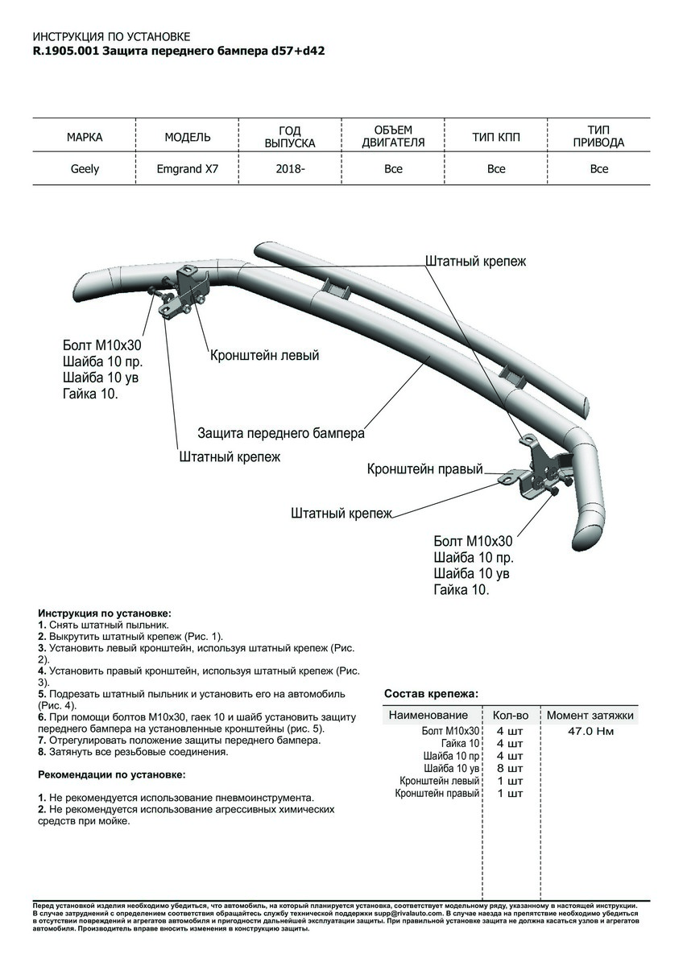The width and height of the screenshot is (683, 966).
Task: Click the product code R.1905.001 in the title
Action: [x=67, y=50]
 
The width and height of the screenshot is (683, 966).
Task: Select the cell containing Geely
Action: [x=84, y=169]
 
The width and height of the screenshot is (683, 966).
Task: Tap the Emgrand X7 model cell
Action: [x=188, y=169]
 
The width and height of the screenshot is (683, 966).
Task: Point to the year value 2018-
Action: [x=290, y=169]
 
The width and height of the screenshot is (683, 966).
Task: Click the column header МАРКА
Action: [x=84, y=138]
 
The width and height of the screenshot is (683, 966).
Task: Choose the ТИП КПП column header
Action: [x=496, y=138]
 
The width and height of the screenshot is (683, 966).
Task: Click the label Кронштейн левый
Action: [x=265, y=355]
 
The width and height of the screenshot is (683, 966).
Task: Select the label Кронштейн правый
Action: [x=424, y=469]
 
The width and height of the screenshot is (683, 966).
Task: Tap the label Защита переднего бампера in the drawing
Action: [x=281, y=433]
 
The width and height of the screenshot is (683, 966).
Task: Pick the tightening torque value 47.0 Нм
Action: [x=590, y=732]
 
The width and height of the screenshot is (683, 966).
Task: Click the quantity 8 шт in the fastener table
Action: [x=510, y=769]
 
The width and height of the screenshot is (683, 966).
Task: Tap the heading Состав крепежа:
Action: [x=431, y=693]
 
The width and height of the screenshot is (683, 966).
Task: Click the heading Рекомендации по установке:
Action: [x=111, y=774]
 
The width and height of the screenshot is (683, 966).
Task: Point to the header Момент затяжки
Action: [x=590, y=715]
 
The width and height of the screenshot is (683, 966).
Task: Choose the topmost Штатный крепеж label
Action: [x=475, y=262]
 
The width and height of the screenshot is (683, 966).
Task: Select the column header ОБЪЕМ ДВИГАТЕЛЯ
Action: [x=393, y=137]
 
